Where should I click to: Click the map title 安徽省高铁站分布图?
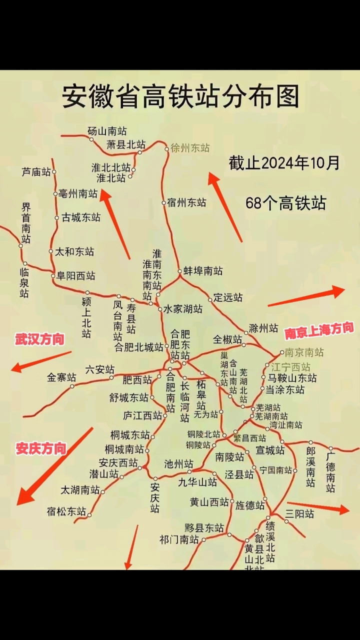(x=180, y=97)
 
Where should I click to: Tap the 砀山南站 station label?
(x=107, y=131)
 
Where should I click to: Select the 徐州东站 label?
(x=190, y=148)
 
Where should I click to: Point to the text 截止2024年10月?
(x=284, y=163)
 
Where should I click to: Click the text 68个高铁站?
(x=285, y=203)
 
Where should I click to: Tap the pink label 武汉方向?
(x=39, y=339)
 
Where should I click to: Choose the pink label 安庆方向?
(x=41, y=448)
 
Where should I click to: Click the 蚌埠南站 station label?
(x=203, y=271)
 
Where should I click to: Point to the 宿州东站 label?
(x=187, y=203)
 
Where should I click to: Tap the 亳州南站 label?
(x=78, y=193)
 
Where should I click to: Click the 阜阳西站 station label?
(x=76, y=275)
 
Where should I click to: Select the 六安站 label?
(x=100, y=369)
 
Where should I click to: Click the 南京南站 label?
(x=304, y=352)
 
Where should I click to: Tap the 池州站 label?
(x=178, y=463)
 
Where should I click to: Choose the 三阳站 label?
(x=300, y=513)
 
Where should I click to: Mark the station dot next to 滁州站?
(x=246, y=332)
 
